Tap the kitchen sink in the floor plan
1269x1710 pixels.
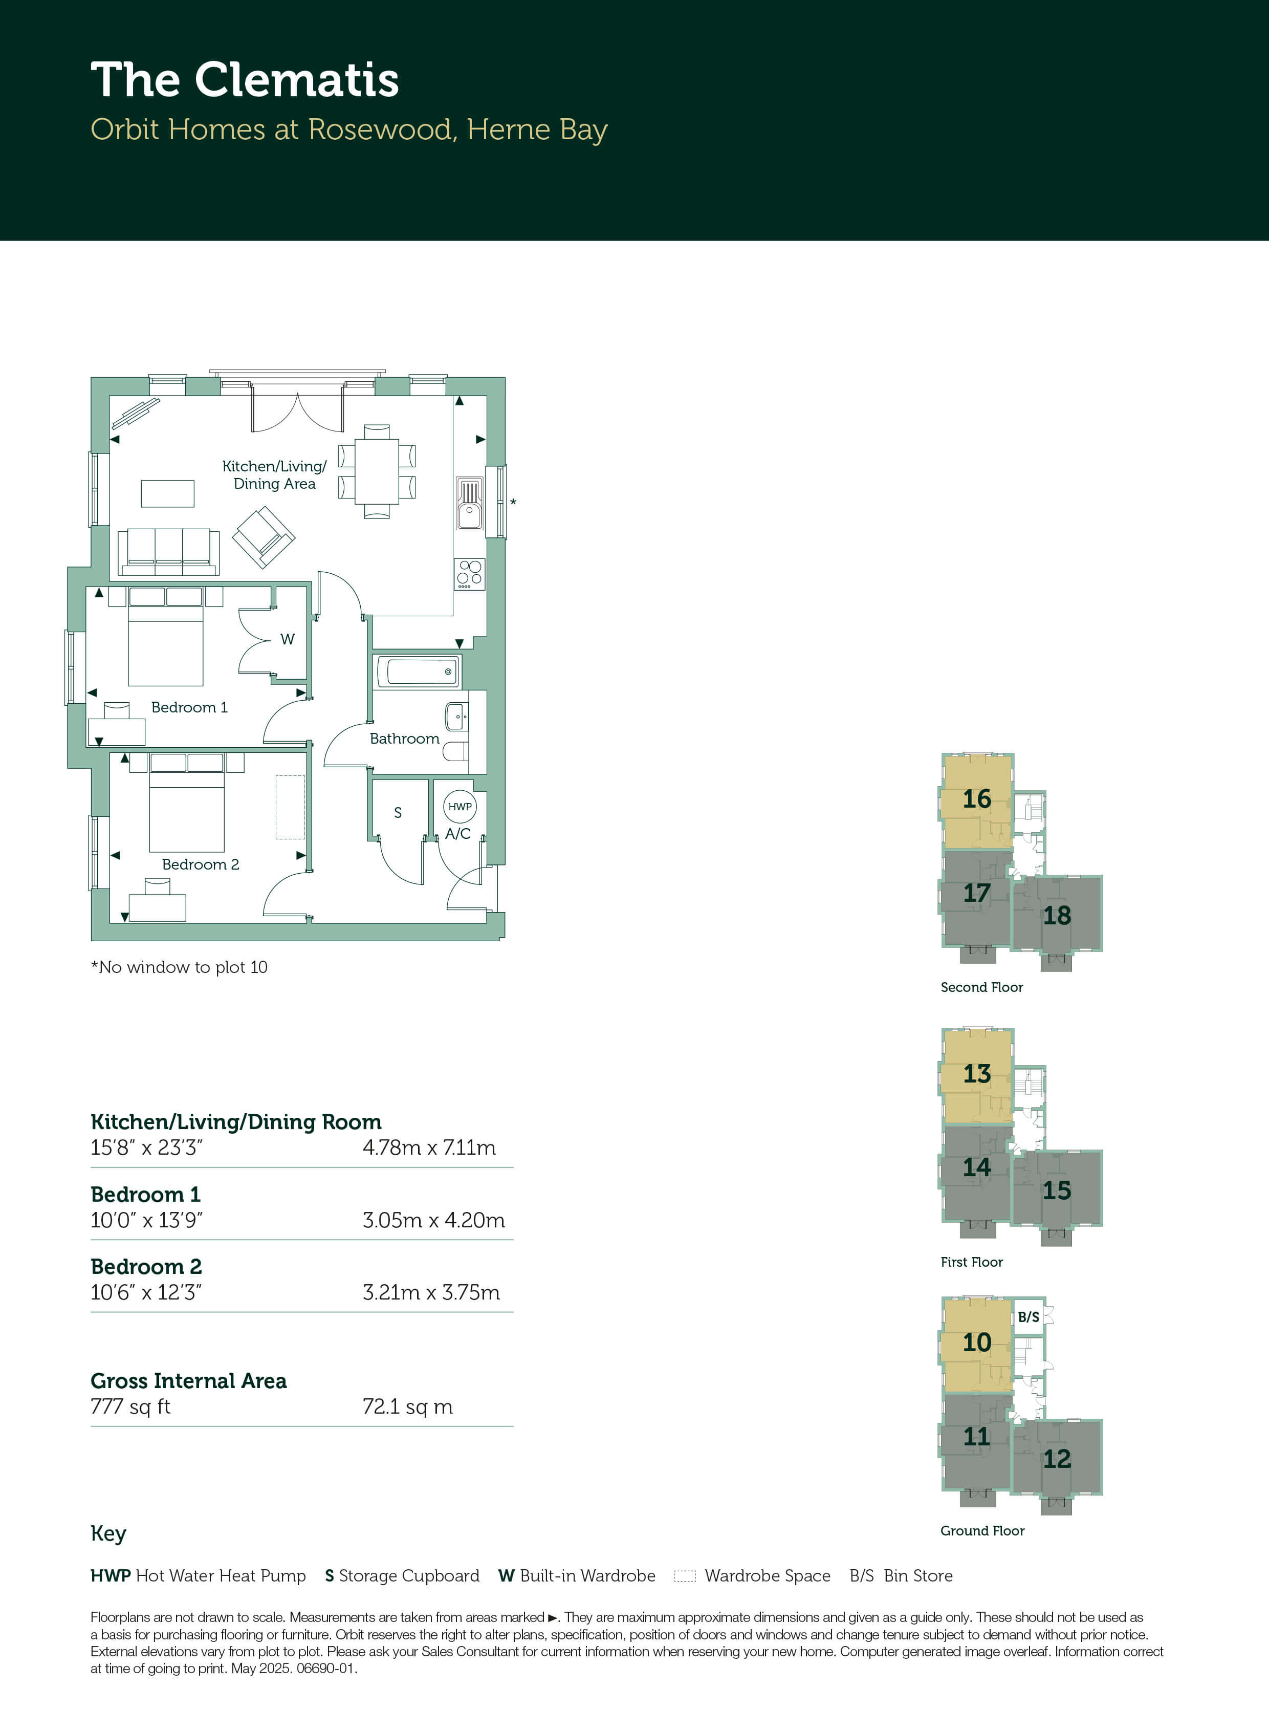[x=469, y=504]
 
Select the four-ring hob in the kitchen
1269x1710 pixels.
[x=469, y=574]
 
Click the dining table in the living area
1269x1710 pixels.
[x=377, y=472]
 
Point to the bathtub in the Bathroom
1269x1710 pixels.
[x=419, y=672]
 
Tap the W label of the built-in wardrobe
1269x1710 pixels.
[x=287, y=639]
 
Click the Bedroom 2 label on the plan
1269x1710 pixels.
[x=201, y=864]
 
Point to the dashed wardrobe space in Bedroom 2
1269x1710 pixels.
[x=290, y=807]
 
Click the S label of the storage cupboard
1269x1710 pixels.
[x=398, y=813]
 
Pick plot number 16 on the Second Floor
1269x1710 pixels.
[x=977, y=799]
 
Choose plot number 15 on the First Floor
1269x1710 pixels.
[x=1057, y=1190]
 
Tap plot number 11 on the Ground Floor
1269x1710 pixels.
[x=977, y=1437]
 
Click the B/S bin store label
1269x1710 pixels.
[x=1029, y=1317]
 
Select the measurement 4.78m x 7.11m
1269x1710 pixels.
[x=429, y=1148]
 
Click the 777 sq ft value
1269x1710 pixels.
[x=130, y=1406]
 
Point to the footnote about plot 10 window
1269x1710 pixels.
[x=179, y=967]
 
